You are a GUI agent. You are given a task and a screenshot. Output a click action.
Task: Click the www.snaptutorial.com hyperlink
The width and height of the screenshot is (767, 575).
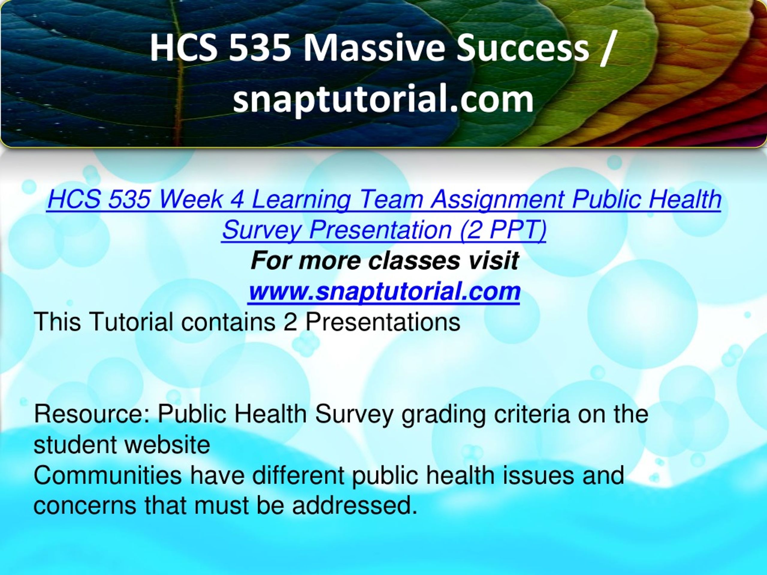384,291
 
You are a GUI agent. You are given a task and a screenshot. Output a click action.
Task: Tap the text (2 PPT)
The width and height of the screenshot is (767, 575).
503,230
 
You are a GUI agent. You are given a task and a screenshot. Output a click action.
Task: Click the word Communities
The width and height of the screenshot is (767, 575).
107,475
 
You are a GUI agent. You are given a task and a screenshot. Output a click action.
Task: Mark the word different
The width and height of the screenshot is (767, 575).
298,475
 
